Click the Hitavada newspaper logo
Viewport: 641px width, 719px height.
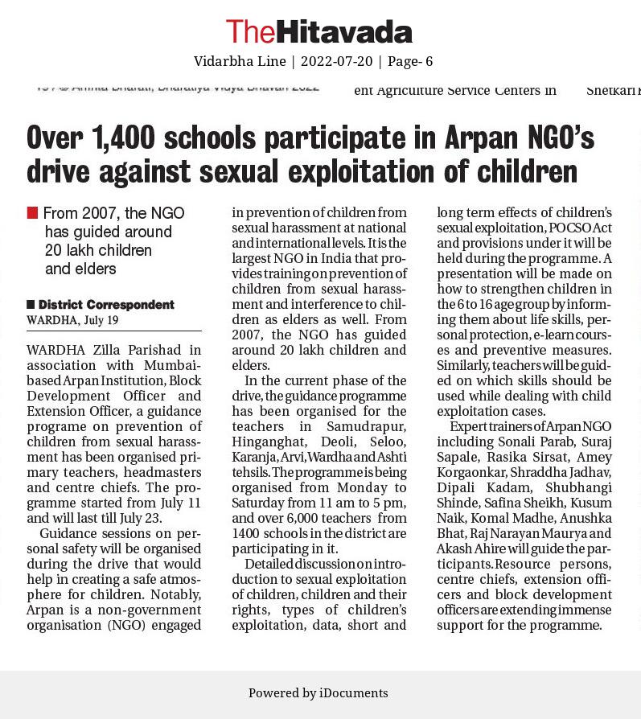coord(319,31)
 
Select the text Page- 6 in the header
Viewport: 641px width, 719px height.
coord(410,61)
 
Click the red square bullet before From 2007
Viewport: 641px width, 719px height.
coord(32,213)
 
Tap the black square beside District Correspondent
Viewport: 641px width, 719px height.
coord(31,304)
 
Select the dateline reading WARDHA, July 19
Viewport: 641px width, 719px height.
coord(72,320)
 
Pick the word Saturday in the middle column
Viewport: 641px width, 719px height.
coord(260,503)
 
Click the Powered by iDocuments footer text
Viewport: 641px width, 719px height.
coord(318,693)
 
